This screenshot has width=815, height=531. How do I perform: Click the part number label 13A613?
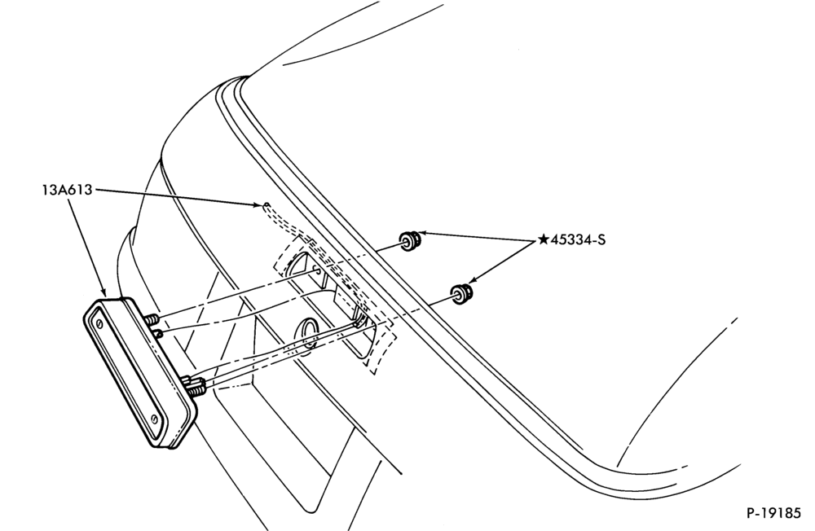pyautogui.click(x=67, y=190)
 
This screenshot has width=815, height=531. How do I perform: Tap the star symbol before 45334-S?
pyautogui.click(x=543, y=239)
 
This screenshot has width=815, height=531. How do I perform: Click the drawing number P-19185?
pyautogui.click(x=774, y=513)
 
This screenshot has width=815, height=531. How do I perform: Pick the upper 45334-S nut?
pyautogui.click(x=410, y=240)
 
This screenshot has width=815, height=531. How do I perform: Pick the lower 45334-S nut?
pyautogui.click(x=461, y=294)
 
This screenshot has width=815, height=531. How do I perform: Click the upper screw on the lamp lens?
pyautogui.click(x=99, y=323)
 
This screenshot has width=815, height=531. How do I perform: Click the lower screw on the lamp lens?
pyautogui.click(x=154, y=419)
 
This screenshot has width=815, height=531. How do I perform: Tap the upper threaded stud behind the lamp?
pyautogui.click(x=151, y=320)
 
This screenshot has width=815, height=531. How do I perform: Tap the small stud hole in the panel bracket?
pyautogui.click(x=316, y=270)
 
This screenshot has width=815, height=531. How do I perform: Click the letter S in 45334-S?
pyautogui.click(x=601, y=240)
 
